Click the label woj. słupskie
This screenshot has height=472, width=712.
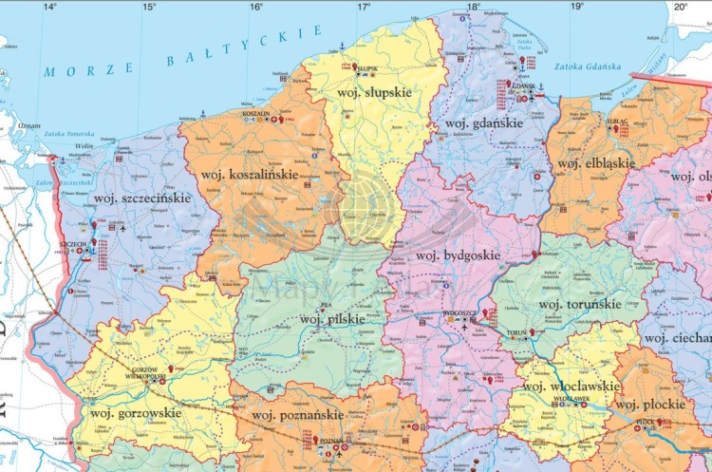[374, 92]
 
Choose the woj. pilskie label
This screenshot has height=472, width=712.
[331, 319]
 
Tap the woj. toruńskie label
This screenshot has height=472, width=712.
[579, 304]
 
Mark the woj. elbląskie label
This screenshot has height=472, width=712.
[594, 164]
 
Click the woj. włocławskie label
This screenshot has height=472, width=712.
[571, 387]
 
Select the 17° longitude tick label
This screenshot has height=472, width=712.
[364, 7]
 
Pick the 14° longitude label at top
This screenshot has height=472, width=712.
[50, 7]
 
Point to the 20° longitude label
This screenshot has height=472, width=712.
[680, 7]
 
